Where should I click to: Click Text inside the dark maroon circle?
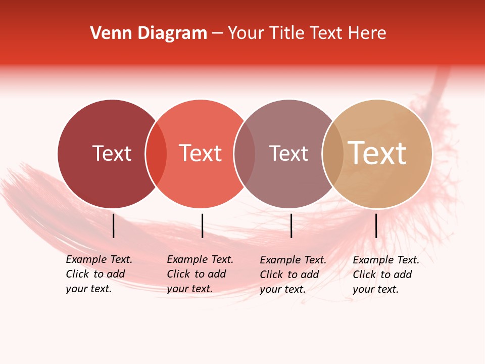[112, 153]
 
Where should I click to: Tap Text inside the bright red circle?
[201, 153]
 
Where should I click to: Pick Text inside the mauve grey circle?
[288, 153]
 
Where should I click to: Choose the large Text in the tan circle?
[377, 153]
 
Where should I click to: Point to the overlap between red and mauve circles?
[245, 154]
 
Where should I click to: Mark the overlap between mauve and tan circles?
[333, 154]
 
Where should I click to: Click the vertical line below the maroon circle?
[114, 225]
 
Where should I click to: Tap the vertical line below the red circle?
[202, 225]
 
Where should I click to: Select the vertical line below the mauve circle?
[292, 225]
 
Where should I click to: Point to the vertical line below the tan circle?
[376, 225]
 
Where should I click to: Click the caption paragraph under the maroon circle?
[99, 274]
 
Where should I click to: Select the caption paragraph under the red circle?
[200, 274]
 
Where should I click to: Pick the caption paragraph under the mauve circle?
[293, 275]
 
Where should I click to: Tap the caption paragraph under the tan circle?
[385, 275]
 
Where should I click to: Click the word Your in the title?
[246, 33]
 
